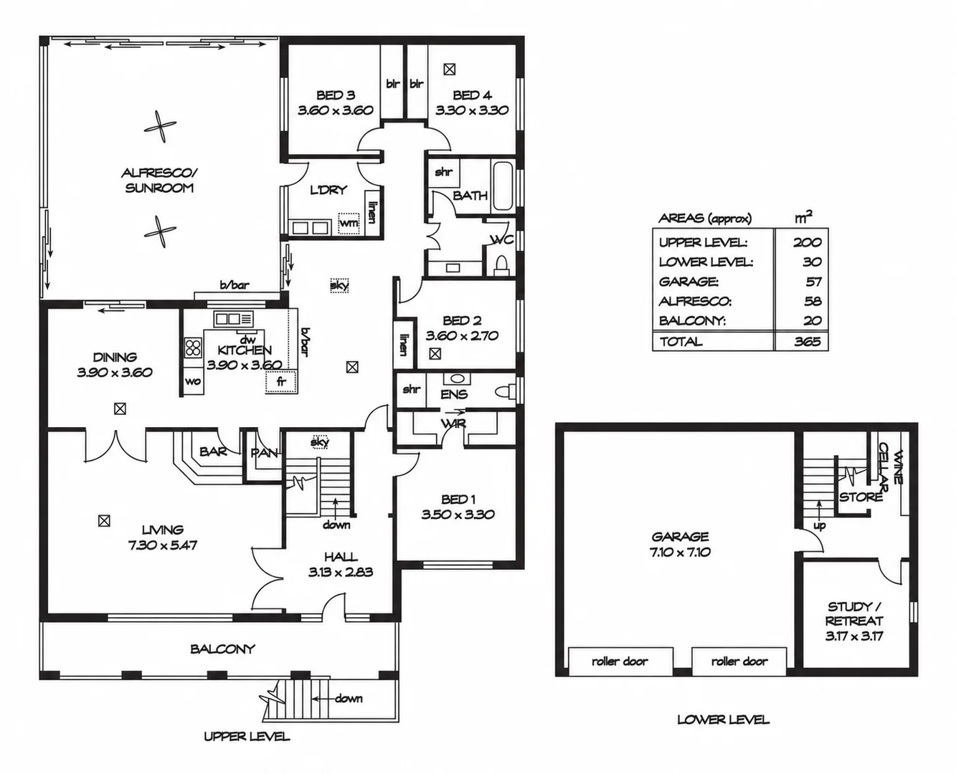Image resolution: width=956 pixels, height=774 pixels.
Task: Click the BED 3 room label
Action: [x=336, y=95]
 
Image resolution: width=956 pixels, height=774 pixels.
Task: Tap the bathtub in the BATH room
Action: [x=503, y=186]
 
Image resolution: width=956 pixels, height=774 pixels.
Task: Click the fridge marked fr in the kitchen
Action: [x=281, y=382]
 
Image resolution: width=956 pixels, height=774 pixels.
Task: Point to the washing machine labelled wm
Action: [x=349, y=224]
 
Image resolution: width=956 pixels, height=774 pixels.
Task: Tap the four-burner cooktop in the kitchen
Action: [x=194, y=348]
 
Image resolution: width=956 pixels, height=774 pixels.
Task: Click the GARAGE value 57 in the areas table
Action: [x=813, y=282]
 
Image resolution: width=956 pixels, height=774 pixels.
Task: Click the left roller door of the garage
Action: [x=620, y=661]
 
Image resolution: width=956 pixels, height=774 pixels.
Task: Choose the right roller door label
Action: [x=739, y=661]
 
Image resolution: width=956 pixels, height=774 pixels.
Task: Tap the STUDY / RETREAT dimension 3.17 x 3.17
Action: [x=854, y=636]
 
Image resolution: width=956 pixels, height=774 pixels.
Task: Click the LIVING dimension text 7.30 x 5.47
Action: [x=163, y=545]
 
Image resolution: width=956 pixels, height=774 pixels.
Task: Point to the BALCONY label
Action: [x=222, y=649]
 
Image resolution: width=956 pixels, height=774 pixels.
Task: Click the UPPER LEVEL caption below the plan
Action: [x=247, y=737]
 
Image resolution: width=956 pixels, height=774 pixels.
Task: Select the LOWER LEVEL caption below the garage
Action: [x=723, y=720]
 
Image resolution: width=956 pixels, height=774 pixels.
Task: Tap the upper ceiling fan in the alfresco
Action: [x=160, y=127]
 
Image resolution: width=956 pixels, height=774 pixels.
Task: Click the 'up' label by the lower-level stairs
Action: [x=820, y=525]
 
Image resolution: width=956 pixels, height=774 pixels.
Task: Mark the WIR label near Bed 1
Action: [x=453, y=424]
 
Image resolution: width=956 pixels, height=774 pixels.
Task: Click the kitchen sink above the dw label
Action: [x=234, y=319]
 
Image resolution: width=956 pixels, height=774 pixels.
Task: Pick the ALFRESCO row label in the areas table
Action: [x=695, y=301]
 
